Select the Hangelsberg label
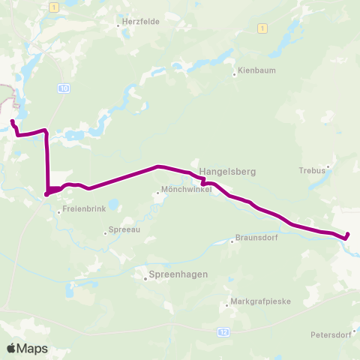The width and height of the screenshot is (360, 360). coord(227,172)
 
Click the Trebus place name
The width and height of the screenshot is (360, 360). coord(311,169)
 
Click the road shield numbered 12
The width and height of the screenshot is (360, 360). coord(223,331)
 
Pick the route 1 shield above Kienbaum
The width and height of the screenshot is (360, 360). coord(262,28)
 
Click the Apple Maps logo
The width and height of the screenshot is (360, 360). coord(27,348)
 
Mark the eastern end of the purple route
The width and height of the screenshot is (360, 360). coord(347,236)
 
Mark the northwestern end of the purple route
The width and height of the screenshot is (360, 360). coord(13,121)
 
